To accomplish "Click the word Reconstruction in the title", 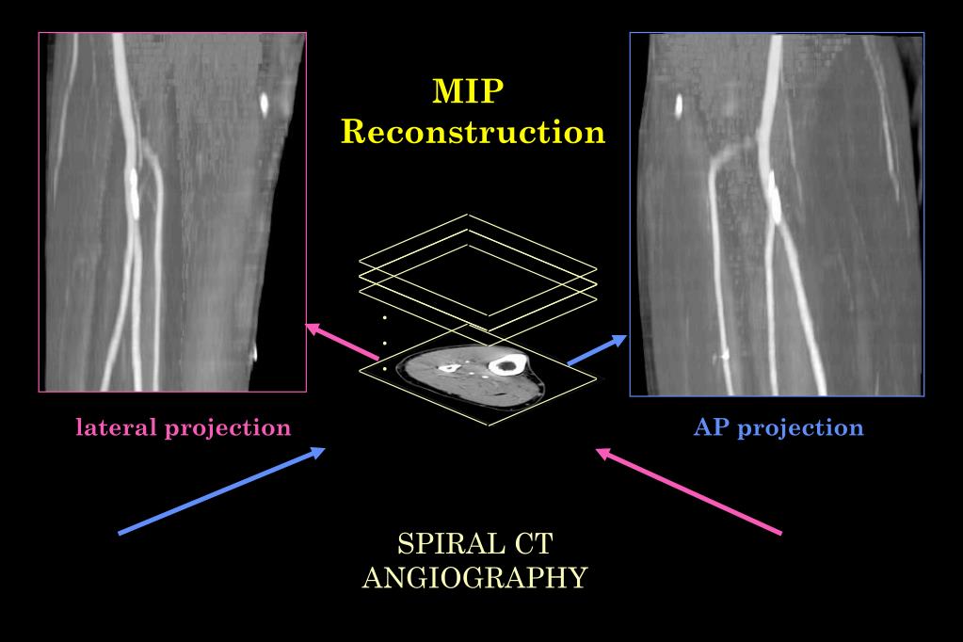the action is click(x=471, y=131).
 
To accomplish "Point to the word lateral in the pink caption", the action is click(x=117, y=426).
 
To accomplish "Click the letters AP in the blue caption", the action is click(x=713, y=426).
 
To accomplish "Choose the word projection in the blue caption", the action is click(x=800, y=428).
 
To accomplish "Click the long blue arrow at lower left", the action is click(x=221, y=490).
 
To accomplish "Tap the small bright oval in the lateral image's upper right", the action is click(x=265, y=102).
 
